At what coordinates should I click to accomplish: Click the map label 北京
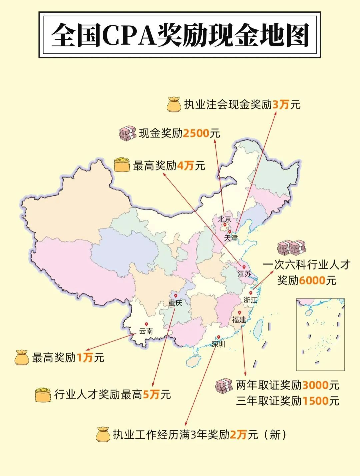pos(224,219)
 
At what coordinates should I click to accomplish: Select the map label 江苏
pos(244,274)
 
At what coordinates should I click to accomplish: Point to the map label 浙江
pos(250,300)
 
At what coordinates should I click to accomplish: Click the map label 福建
pos(239,320)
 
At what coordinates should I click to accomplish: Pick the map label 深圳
pos(218,344)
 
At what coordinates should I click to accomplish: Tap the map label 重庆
pos(175,303)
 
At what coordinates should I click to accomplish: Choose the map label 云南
pos(146,331)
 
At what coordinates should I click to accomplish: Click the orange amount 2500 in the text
pos(196,133)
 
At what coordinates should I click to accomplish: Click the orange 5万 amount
pos(151,395)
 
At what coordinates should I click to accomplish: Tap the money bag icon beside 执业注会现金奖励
pos(174,104)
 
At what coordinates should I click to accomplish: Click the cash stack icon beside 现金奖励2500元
pos(128,133)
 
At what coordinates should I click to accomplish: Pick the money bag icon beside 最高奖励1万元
pos(22,357)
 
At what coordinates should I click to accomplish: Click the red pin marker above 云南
pos(146,324)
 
